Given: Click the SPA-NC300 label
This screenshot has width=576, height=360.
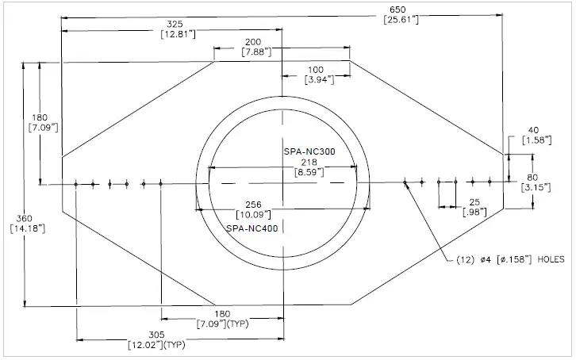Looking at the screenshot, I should [309, 151].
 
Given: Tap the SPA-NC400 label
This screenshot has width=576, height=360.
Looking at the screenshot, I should [252, 228].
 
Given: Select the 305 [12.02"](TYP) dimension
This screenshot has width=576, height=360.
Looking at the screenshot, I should [156, 340].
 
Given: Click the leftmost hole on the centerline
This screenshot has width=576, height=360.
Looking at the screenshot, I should [75, 184].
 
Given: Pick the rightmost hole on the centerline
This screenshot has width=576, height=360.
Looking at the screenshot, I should [490, 182].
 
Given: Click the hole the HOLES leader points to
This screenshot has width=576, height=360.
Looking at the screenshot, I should [405, 183].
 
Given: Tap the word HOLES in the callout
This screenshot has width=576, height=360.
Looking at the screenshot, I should [554, 259].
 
